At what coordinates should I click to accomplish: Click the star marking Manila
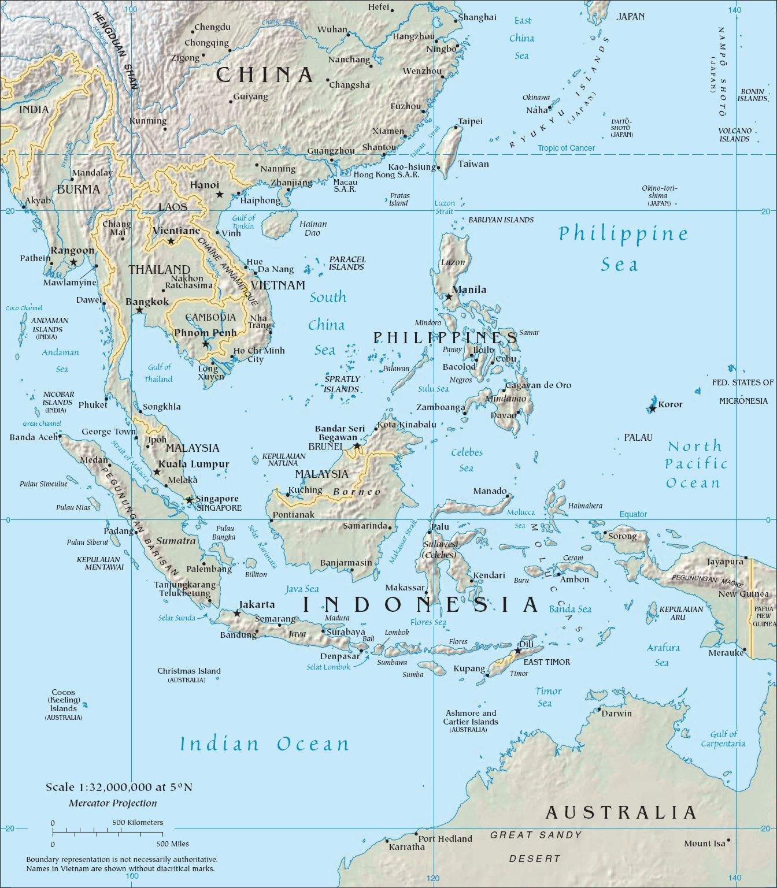pyautogui.click(x=449, y=296)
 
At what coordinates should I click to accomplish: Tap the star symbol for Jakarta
pyautogui.click(x=237, y=613)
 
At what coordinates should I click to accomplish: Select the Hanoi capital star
pyautogui.click(x=220, y=194)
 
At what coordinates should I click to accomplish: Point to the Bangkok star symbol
pyautogui.click(x=139, y=310)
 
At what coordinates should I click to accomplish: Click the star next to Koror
pyautogui.click(x=652, y=408)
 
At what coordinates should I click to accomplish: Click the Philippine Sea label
pyautogui.click(x=623, y=248)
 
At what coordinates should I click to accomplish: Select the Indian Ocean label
pyautogui.click(x=265, y=744)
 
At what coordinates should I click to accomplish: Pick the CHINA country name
pyautogui.click(x=265, y=75)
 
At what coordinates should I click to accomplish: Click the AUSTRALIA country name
pyautogui.click(x=621, y=813)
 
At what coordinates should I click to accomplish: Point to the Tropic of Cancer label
pyautogui.click(x=565, y=148)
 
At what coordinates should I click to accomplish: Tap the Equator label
pyautogui.click(x=633, y=514)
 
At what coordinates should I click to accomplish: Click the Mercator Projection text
pyautogui.click(x=113, y=803)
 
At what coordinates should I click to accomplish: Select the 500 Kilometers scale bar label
pyautogui.click(x=138, y=822)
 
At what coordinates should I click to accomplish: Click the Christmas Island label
pyautogui.click(x=189, y=671)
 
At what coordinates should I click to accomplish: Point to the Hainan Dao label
pyautogui.click(x=313, y=228)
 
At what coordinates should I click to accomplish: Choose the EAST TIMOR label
pyautogui.click(x=546, y=662)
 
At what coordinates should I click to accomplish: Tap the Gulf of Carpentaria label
pyautogui.click(x=723, y=738)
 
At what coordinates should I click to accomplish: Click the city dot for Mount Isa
pyautogui.click(x=729, y=840)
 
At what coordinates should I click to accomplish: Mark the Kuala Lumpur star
pyautogui.click(x=157, y=472)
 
